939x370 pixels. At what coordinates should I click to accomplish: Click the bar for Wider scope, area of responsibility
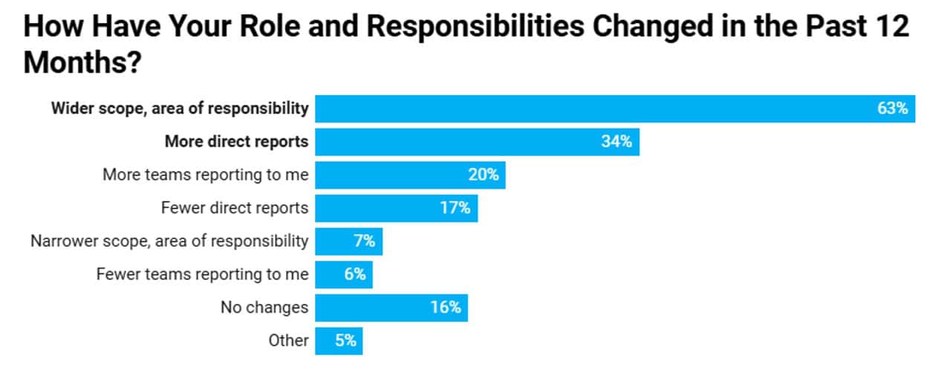coord(594,108)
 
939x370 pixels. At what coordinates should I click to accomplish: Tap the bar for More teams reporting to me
coord(394,175)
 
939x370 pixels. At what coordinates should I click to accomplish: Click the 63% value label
coord(892,108)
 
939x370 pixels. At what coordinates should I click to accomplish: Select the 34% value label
coord(616,142)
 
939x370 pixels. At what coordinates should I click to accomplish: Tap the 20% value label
coord(483,175)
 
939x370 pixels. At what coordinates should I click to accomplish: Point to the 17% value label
coord(455,208)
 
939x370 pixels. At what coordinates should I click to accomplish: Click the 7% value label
coord(364,241)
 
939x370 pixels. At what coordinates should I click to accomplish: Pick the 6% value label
coord(354,274)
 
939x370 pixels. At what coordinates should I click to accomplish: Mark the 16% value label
coord(445,308)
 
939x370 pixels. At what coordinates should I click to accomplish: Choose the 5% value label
coord(345,341)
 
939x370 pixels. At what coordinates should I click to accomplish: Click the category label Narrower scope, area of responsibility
coord(169,241)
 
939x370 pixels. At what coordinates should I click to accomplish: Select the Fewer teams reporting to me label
coord(202,274)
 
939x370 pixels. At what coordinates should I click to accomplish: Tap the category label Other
coord(288,341)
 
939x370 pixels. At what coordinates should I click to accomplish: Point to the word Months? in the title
coord(82,62)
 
